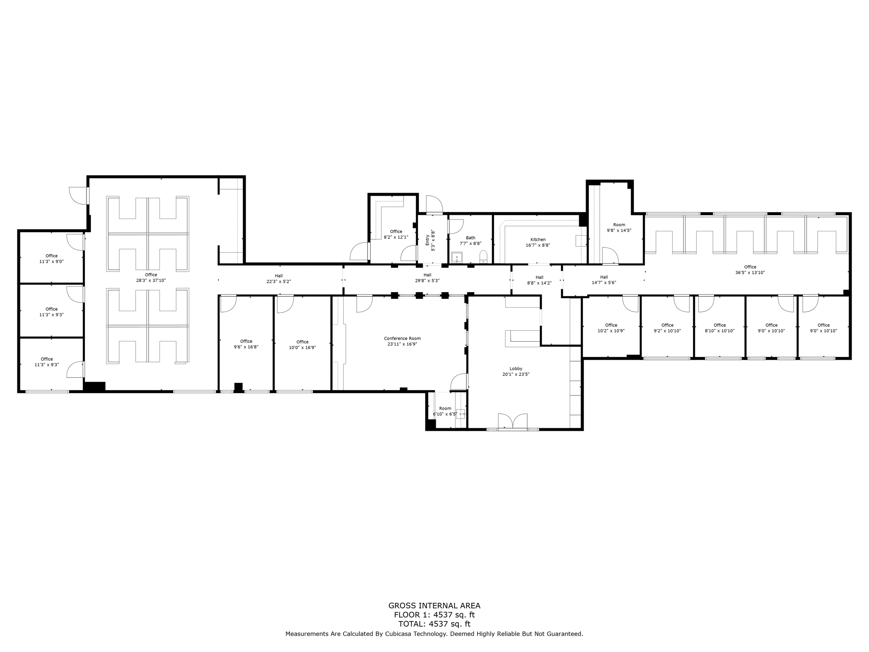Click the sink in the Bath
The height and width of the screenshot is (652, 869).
pos(457,257)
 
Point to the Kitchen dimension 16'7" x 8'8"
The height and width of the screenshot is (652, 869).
pos(538,245)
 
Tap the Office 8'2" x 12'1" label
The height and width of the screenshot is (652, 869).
pos(396,234)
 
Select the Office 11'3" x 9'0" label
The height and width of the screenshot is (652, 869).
pos(51,259)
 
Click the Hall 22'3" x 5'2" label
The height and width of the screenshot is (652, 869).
pos(278,278)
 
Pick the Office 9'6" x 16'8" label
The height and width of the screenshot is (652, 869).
pos(246,344)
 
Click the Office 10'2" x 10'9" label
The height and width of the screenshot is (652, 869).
pos(611,328)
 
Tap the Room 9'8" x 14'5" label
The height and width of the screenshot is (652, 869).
pos(619,228)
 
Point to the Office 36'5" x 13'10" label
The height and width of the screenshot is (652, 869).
pos(750,270)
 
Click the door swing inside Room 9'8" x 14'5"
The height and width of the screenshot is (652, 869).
pos(610,255)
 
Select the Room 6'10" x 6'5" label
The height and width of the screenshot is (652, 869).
pos(445,411)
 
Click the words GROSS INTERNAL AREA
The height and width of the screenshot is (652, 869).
pos(434,606)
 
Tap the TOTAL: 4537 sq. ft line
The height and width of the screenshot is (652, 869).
pos(434,624)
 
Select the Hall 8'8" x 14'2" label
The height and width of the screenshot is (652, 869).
pos(539,280)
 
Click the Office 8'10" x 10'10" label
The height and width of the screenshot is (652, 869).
pos(720,328)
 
